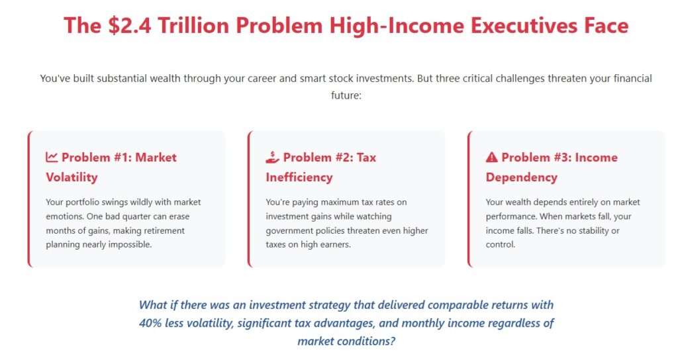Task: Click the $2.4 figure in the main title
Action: (x=130, y=25)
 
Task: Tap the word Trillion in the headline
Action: (x=193, y=25)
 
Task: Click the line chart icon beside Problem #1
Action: (x=52, y=157)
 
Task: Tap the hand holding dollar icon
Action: (x=272, y=157)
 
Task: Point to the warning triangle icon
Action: (x=492, y=157)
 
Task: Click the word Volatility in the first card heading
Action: (x=72, y=177)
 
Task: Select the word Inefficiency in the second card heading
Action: (x=299, y=177)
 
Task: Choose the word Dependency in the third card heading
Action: (x=522, y=177)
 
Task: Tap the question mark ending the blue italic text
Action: (x=392, y=341)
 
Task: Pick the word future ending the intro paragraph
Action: (x=346, y=95)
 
